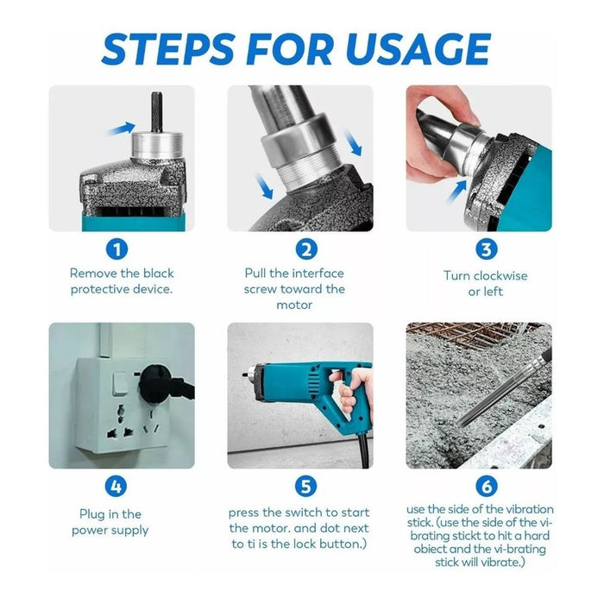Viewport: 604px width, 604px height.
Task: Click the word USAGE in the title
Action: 418,49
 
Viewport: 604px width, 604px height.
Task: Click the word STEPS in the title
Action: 168,49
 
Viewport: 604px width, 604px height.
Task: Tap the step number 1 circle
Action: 116,249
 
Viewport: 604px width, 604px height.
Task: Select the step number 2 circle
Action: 306,249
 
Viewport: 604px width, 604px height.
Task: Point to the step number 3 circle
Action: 486,249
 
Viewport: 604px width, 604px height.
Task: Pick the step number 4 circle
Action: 116,486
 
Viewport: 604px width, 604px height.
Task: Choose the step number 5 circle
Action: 305,486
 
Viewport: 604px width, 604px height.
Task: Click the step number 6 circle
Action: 486,486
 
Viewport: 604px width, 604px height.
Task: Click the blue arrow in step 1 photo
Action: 121,129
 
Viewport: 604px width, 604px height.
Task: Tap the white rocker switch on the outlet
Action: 119,384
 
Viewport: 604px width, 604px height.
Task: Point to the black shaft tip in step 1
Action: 156,111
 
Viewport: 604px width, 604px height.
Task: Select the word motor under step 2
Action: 294,305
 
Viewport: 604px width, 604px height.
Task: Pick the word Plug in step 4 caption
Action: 92,514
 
